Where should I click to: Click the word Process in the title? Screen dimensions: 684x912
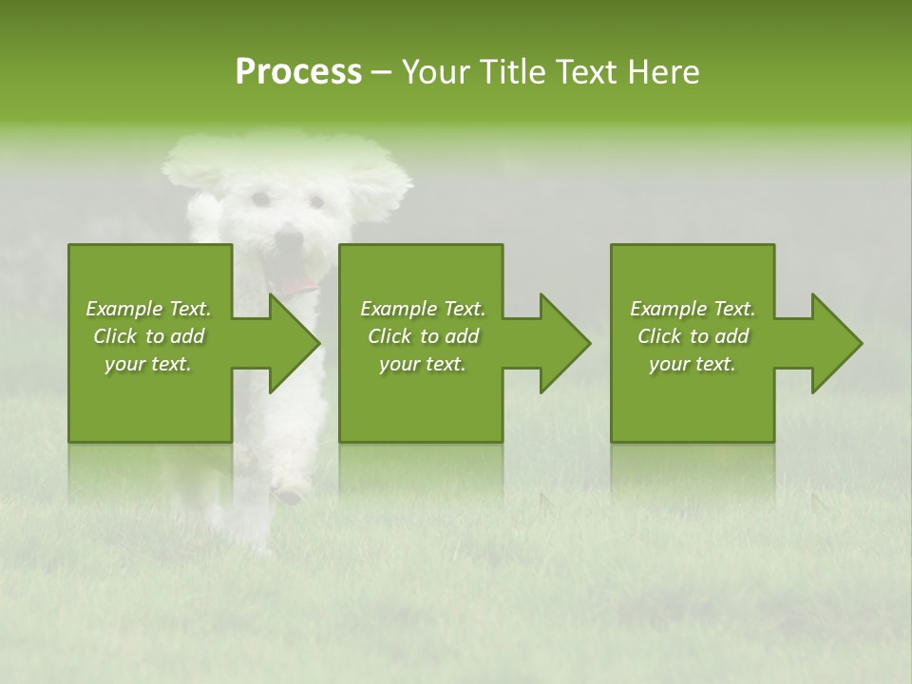[x=298, y=72]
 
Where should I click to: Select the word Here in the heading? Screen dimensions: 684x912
[x=661, y=72]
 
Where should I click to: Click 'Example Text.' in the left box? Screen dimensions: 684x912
[x=148, y=309]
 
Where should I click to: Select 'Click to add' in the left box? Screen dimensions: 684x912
[x=148, y=336]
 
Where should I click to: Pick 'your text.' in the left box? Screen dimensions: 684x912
[x=148, y=364]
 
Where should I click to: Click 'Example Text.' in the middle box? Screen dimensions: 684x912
[x=423, y=309]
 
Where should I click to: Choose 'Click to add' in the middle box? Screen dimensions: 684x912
[x=423, y=336]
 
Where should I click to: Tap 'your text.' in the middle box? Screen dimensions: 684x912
[x=423, y=364]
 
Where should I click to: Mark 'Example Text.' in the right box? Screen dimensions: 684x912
[x=693, y=309]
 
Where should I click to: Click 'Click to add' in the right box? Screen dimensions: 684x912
[x=693, y=336]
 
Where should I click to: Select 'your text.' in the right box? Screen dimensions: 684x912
[x=693, y=364]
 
